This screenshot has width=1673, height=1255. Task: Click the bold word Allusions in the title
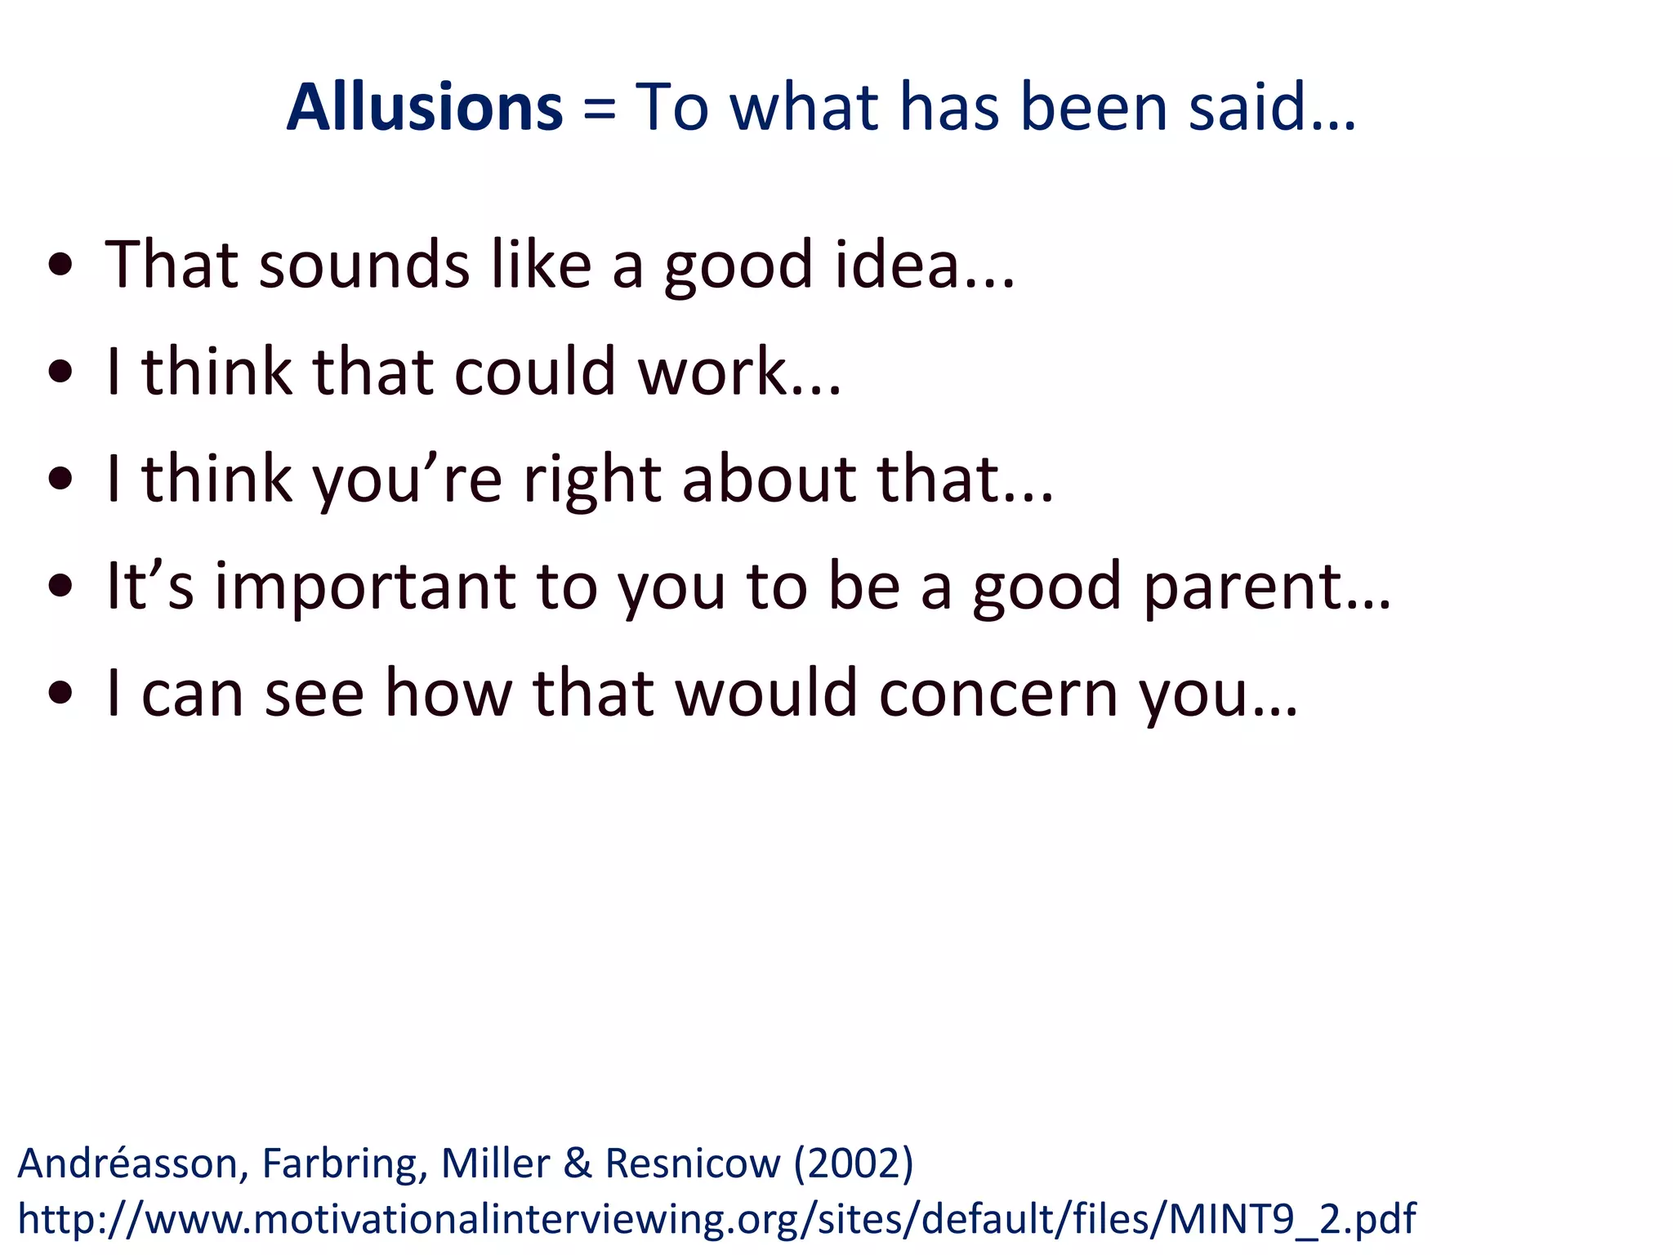(424, 107)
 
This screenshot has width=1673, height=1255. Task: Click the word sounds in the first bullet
(364, 265)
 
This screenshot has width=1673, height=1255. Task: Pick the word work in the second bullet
(712, 372)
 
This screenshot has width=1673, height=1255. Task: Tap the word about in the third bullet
(770, 480)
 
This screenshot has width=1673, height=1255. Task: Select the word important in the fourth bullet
(365, 587)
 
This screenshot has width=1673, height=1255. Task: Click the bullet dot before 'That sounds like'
(61, 265)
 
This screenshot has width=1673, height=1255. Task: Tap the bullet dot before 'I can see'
(61, 694)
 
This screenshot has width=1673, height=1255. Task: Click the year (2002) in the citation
(854, 1163)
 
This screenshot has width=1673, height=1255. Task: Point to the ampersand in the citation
(578, 1163)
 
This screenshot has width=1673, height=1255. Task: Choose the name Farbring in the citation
(344, 1163)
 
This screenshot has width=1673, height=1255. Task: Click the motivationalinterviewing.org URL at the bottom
(716, 1219)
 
